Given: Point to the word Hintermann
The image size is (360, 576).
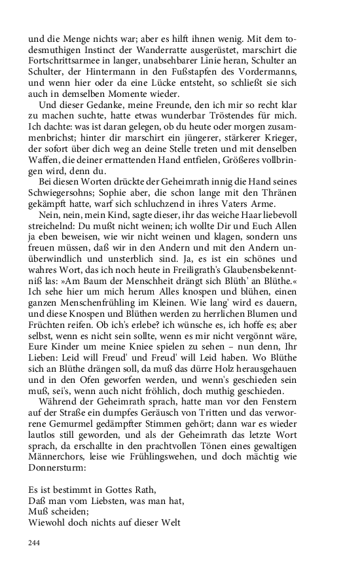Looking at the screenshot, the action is point(99,75).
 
